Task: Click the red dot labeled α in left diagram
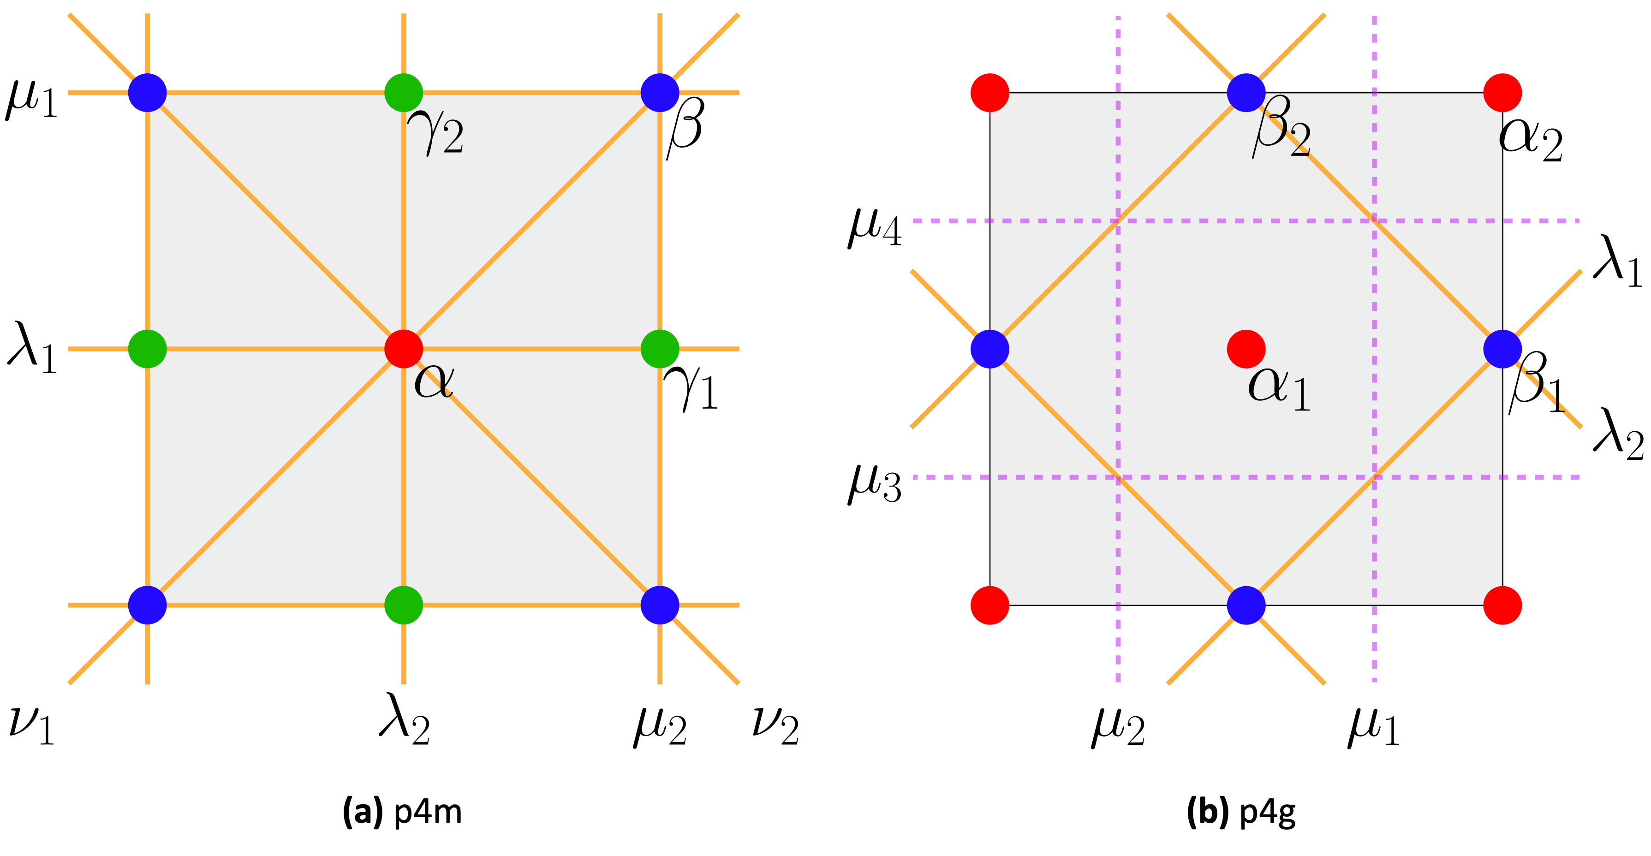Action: tap(404, 349)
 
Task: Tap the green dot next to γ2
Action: tap(404, 92)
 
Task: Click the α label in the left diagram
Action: tap(434, 382)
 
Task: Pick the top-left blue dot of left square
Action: tap(148, 92)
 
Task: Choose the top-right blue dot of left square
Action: tap(660, 92)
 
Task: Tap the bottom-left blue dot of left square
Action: tap(148, 605)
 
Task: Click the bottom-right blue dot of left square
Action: tap(660, 605)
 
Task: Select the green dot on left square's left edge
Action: tap(148, 349)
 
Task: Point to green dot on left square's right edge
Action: tap(660, 349)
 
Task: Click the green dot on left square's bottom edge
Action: tap(404, 605)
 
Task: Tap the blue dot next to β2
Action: tap(1246, 92)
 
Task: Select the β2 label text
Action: tap(1281, 127)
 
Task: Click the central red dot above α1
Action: tap(1246, 349)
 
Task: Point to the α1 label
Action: tap(1279, 387)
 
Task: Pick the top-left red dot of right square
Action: tap(989, 92)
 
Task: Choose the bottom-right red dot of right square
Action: tap(1502, 605)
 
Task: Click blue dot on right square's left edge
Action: tap(989, 349)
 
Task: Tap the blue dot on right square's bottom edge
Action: tap(1246, 605)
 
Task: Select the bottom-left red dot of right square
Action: tap(989, 605)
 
